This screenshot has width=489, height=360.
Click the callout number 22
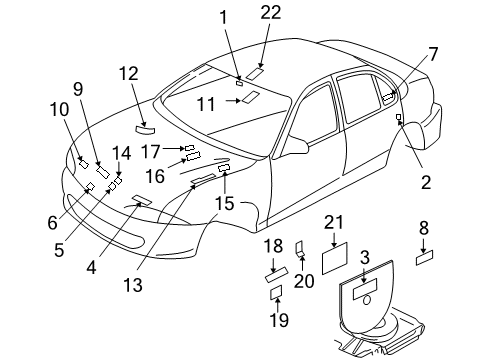(x=269, y=13)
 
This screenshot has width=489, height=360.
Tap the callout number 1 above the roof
(x=224, y=16)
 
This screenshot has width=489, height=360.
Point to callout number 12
(x=127, y=73)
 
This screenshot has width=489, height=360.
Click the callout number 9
(x=77, y=88)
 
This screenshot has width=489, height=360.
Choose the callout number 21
(x=333, y=224)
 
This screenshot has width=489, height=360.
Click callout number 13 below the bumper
(x=133, y=285)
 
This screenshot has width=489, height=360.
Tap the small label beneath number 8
(x=424, y=257)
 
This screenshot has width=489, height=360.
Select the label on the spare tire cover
(x=364, y=285)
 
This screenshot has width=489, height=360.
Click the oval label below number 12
(x=145, y=128)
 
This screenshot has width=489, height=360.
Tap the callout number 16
(x=155, y=176)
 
